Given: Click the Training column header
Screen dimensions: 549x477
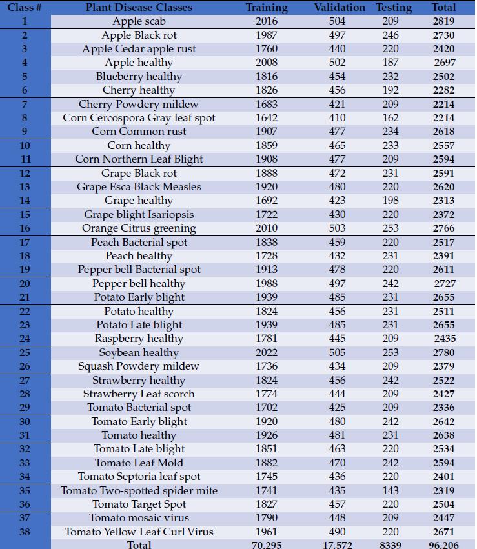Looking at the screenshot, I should tap(267, 8).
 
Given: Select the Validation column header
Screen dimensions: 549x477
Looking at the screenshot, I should tap(340, 8).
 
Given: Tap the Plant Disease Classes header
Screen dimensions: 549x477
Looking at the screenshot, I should tap(139, 8).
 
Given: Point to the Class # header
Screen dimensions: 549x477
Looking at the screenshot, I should tap(25, 8).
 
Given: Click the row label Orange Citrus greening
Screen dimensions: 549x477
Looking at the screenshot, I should tap(139, 228).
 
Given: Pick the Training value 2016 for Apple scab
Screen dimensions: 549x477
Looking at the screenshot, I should tap(267, 21).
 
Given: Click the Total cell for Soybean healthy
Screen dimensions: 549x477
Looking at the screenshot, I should tap(443, 353).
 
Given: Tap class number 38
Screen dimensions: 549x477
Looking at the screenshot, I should tap(25, 532).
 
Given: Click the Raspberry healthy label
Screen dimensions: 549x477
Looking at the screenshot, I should tap(139, 339).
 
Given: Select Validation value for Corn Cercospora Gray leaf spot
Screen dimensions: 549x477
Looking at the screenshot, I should tap(337, 118).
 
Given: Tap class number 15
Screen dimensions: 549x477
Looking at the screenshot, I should tap(25, 215).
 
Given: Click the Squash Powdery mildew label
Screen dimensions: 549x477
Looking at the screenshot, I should tap(139, 366).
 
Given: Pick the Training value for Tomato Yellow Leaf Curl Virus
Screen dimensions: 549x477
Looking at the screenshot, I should tap(267, 532).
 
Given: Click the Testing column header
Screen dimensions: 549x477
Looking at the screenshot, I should tap(394, 8).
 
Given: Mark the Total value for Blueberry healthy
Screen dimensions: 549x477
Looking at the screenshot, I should tap(443, 77).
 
